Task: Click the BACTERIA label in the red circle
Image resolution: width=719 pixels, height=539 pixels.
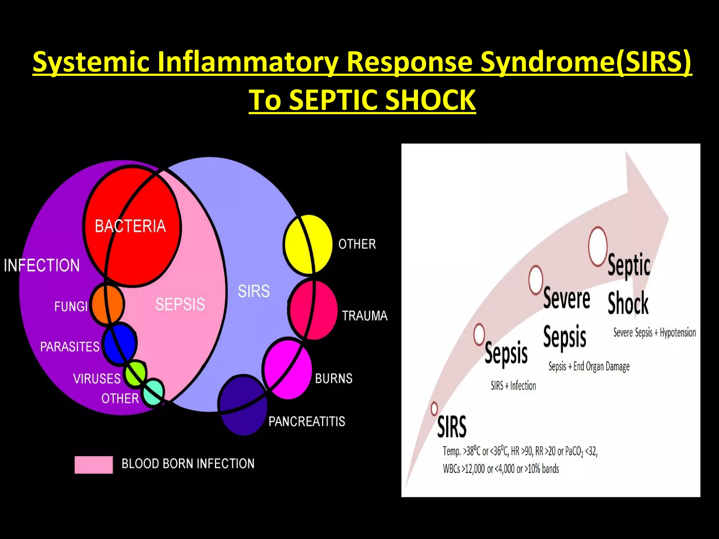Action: point(130,226)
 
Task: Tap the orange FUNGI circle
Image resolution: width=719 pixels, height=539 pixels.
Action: point(107,304)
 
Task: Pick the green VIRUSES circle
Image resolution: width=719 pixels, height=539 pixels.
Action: point(136,373)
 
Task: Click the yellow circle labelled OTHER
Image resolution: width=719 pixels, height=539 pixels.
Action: point(308,244)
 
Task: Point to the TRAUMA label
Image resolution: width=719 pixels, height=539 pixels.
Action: point(365,316)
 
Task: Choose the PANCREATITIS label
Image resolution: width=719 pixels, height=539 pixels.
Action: point(306,421)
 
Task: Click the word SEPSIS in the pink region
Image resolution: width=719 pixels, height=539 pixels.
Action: point(180,304)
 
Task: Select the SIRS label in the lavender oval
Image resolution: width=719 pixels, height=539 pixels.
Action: point(254,291)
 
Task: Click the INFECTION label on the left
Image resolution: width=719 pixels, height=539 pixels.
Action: point(42,265)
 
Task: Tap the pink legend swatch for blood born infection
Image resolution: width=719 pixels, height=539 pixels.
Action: point(94,465)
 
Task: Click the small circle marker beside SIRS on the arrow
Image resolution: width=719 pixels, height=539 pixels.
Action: point(434,408)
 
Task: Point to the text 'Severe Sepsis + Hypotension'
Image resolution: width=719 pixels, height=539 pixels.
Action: point(654,332)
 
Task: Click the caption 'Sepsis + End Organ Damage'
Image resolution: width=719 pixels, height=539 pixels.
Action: point(589,366)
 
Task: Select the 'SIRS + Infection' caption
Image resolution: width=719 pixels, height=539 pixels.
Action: point(513,386)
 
